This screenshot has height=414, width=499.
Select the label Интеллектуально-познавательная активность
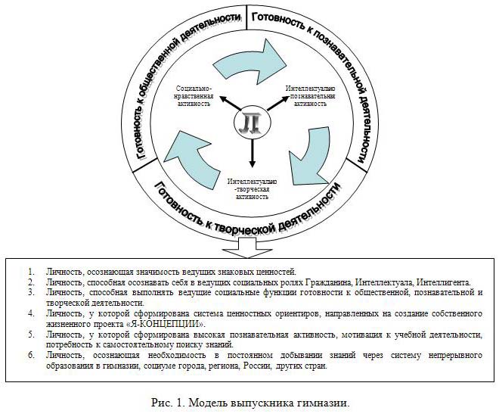point(306,97)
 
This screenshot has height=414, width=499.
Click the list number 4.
point(30,311)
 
